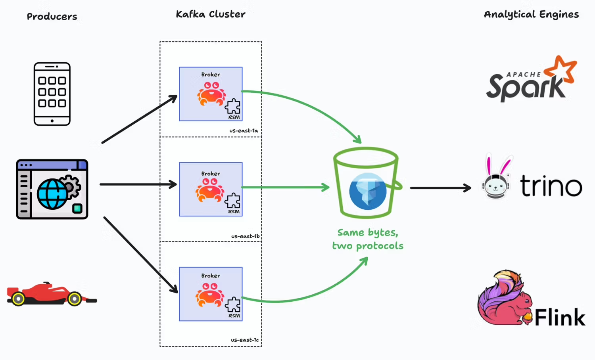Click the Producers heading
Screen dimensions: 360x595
coord(52,17)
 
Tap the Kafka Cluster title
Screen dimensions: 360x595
coord(210,14)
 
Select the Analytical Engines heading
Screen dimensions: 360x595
coord(531,14)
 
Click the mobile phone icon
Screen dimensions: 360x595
coord(52,94)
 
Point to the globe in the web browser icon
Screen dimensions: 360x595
coord(52,194)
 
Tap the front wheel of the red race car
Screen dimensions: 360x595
coord(74,299)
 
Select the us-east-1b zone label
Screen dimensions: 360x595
coord(245,236)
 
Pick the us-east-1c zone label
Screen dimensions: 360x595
coord(245,340)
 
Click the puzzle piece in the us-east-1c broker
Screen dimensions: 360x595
coord(233,305)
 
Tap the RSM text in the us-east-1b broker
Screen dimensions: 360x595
coord(234,212)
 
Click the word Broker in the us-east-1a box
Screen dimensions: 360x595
coord(210,75)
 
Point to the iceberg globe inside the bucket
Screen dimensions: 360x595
coord(368,191)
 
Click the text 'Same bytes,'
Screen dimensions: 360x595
coord(368,232)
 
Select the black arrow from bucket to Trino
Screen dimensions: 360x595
coord(440,188)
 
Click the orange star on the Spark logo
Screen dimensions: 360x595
coord(560,70)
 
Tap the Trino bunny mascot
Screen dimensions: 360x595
coord(496,178)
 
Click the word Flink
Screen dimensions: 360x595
coord(560,318)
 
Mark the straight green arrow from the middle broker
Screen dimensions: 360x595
coord(286,187)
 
